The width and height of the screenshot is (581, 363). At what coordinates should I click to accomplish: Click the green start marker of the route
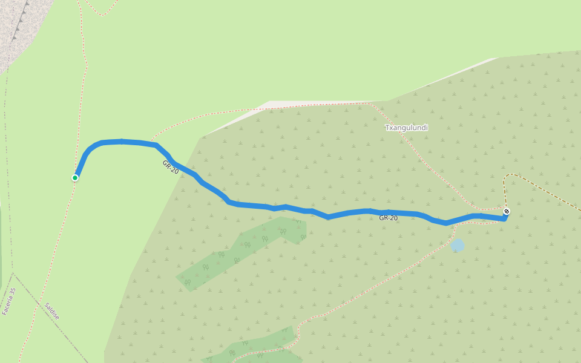pos(75,177)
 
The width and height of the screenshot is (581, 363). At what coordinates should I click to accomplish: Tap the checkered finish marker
pos(506,211)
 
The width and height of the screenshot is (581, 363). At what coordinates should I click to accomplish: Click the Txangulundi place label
pos(406,128)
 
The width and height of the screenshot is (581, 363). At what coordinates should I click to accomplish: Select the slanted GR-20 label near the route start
pos(170,167)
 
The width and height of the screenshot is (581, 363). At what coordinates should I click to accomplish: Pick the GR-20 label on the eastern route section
pos(388,218)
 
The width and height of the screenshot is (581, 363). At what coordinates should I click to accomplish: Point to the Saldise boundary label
pos(51,311)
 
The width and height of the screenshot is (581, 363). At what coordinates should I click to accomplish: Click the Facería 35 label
pos(9,301)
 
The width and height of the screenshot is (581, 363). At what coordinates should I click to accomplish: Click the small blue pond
pos(458,245)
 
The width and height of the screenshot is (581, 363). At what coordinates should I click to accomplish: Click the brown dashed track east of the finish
pos(545,192)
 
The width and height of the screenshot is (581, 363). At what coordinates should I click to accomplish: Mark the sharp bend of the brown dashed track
pos(506,177)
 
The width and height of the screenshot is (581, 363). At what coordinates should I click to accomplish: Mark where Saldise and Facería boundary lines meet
pos(13,274)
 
